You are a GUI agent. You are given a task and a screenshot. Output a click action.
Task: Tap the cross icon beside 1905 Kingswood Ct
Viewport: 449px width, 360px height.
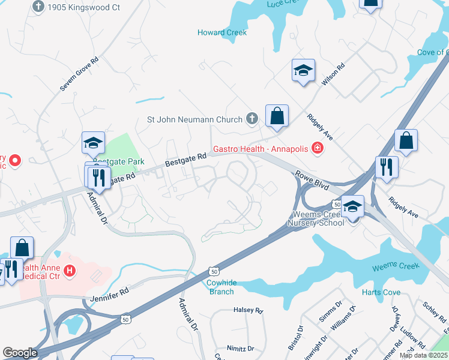(x=39, y=7)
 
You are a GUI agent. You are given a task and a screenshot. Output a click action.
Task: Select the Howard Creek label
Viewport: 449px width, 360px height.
(x=222, y=32)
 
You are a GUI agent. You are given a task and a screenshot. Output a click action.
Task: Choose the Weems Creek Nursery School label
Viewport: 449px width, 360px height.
(x=316, y=218)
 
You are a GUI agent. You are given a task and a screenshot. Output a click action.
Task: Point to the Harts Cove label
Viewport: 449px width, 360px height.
(x=381, y=292)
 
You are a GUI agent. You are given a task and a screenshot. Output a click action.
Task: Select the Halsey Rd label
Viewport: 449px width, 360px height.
(x=248, y=311)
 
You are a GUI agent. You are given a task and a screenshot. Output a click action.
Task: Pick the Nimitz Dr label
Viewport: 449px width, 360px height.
(x=240, y=348)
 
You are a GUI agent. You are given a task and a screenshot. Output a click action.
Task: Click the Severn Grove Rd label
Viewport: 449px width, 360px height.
(x=79, y=74)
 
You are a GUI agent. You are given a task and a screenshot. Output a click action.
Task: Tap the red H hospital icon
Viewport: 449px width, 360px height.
(x=70, y=271)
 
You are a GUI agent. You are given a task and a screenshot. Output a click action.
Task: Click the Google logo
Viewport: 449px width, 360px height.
(x=20, y=353)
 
